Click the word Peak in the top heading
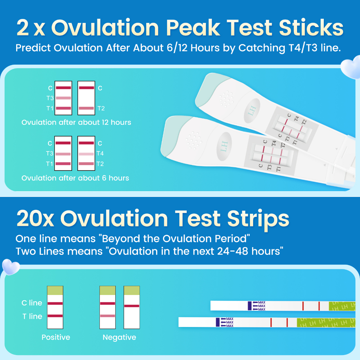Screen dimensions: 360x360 point(193,28)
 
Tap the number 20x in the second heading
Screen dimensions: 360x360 point(35,219)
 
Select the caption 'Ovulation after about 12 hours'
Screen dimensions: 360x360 point(76,122)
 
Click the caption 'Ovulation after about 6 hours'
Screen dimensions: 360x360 point(75,178)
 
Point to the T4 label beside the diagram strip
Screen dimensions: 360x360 point(100,153)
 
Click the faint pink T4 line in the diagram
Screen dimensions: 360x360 point(86,154)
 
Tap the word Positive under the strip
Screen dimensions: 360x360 point(56,337)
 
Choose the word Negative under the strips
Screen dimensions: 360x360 point(120,337)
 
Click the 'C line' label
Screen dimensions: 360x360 point(32,303)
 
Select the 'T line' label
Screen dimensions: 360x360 point(32,316)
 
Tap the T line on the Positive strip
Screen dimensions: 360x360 point(55,316)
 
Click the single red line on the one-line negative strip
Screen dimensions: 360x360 point(132,306)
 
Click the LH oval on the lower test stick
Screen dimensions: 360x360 point(224,147)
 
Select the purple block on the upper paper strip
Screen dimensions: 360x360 point(250,306)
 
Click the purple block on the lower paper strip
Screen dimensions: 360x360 point(218,322)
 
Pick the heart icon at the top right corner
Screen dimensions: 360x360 point(351,67)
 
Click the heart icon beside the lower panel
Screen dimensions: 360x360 point(11,267)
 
